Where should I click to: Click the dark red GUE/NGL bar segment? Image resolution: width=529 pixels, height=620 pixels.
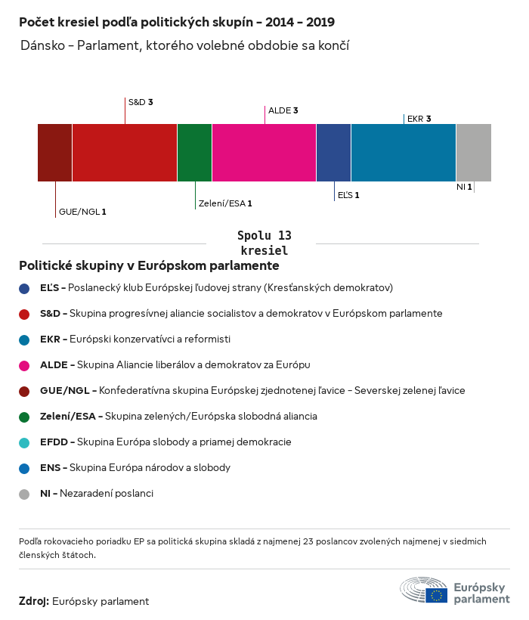pyautogui.click(x=54, y=153)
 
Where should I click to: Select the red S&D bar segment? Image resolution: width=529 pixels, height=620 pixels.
pyautogui.click(x=125, y=153)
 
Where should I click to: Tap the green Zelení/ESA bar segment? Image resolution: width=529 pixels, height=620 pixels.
pyautogui.click(x=194, y=153)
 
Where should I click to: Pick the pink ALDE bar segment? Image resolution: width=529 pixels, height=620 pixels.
pyautogui.click(x=264, y=153)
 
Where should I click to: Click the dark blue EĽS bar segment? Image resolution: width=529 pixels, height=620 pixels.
pyautogui.click(x=333, y=153)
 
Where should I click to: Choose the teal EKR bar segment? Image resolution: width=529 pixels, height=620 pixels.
pyautogui.click(x=404, y=153)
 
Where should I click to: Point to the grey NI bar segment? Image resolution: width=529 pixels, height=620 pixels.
pyautogui.click(x=474, y=153)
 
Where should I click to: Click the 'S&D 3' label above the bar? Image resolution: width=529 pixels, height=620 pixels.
pyautogui.click(x=141, y=101)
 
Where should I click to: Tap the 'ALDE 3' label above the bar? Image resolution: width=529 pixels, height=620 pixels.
pyautogui.click(x=283, y=110)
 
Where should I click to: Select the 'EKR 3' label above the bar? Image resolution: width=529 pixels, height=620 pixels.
pyautogui.click(x=419, y=119)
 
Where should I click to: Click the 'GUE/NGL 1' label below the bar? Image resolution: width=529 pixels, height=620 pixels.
pyautogui.click(x=82, y=212)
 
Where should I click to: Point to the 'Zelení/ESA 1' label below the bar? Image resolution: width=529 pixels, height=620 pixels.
pyautogui.click(x=224, y=203)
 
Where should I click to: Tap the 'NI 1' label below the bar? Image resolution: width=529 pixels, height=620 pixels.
pyautogui.click(x=464, y=187)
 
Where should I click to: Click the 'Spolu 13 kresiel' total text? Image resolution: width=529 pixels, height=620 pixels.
pyautogui.click(x=264, y=243)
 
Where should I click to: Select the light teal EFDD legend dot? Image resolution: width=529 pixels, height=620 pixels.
pyautogui.click(x=24, y=442)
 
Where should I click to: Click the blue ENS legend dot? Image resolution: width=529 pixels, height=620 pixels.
pyautogui.click(x=24, y=468)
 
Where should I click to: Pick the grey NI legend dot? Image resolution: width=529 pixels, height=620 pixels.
pyautogui.click(x=24, y=494)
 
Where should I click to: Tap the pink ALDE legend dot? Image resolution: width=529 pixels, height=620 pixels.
pyautogui.click(x=24, y=365)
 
